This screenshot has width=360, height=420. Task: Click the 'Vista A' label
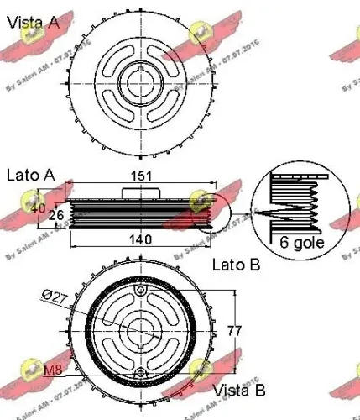tap(34, 23)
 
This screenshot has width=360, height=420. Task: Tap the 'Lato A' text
tap(30, 175)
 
